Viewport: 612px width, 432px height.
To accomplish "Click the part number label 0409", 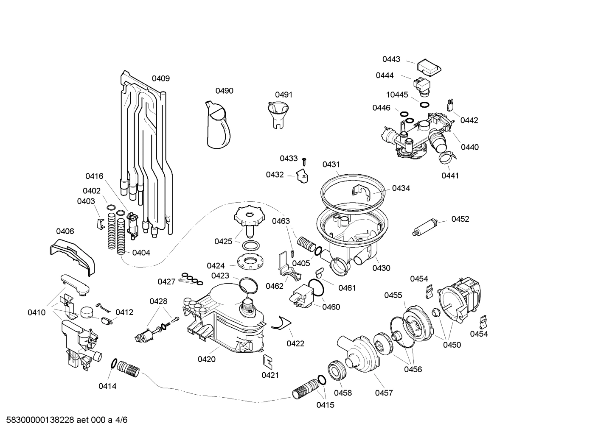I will coord(161,78).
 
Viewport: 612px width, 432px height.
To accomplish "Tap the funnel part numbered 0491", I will coord(278,114).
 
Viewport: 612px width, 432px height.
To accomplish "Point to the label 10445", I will coord(397,95).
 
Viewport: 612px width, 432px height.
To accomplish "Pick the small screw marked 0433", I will coord(304,161).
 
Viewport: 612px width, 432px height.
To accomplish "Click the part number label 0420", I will coord(206,360).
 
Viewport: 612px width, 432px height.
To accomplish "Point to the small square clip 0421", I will coord(268,361).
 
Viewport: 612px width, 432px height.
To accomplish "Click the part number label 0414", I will coord(107,386).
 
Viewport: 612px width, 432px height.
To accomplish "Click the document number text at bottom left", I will coord(64,420).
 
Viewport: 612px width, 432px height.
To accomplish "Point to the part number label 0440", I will coord(469,147).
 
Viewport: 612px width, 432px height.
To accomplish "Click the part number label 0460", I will coord(331,307).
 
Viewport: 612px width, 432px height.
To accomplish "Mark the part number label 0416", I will coord(94,176).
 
